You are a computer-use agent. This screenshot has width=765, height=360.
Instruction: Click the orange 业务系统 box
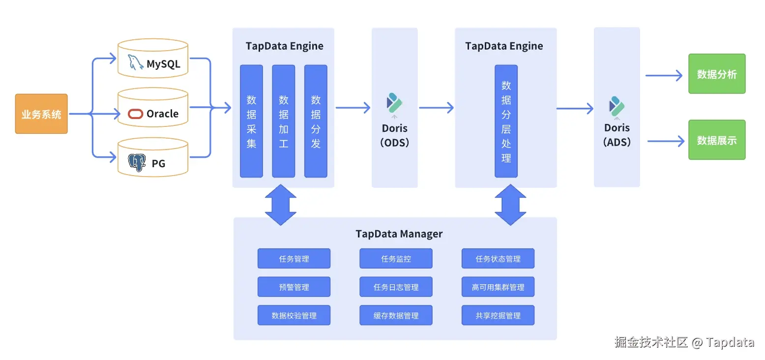point(41,114)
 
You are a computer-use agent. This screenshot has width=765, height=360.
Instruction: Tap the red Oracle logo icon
point(135,114)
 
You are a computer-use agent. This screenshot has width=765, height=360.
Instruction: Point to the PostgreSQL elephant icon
point(137,163)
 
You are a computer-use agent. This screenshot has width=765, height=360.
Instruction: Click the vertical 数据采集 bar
point(251,121)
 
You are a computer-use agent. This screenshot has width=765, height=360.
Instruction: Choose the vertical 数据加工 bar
point(284,121)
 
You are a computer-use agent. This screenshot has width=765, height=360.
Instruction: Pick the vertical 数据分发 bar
point(316,121)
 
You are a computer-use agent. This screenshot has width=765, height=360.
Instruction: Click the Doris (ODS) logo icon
point(394,103)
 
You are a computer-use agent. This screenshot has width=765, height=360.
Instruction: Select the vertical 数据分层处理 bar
point(506,121)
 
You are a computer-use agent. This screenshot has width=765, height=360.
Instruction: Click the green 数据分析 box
point(717,74)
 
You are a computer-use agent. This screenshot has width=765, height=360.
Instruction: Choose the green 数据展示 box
point(717,140)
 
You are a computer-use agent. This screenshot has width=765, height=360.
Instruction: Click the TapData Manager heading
point(399,234)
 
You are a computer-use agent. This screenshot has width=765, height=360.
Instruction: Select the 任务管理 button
point(294,259)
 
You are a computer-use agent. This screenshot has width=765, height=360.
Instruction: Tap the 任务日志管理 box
point(396,287)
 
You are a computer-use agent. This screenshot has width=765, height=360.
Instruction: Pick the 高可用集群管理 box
point(498,287)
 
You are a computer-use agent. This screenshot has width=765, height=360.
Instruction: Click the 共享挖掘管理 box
point(498,316)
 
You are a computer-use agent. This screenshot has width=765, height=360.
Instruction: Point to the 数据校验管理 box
point(294,316)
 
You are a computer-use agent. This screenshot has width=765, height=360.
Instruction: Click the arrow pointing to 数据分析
point(664,76)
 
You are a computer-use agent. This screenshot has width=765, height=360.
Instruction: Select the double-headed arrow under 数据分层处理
point(510,205)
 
